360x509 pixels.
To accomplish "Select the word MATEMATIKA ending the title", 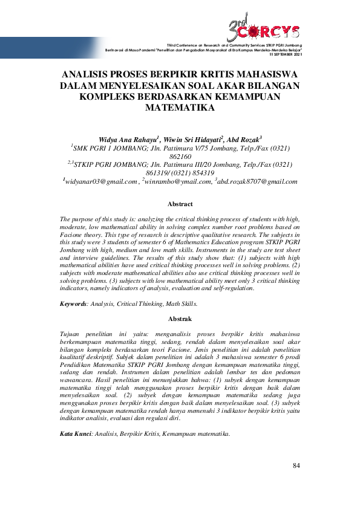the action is coord(180,109).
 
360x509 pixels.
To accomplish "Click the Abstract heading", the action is coord(180,204).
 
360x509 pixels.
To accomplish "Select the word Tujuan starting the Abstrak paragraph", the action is coord(73,334).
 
